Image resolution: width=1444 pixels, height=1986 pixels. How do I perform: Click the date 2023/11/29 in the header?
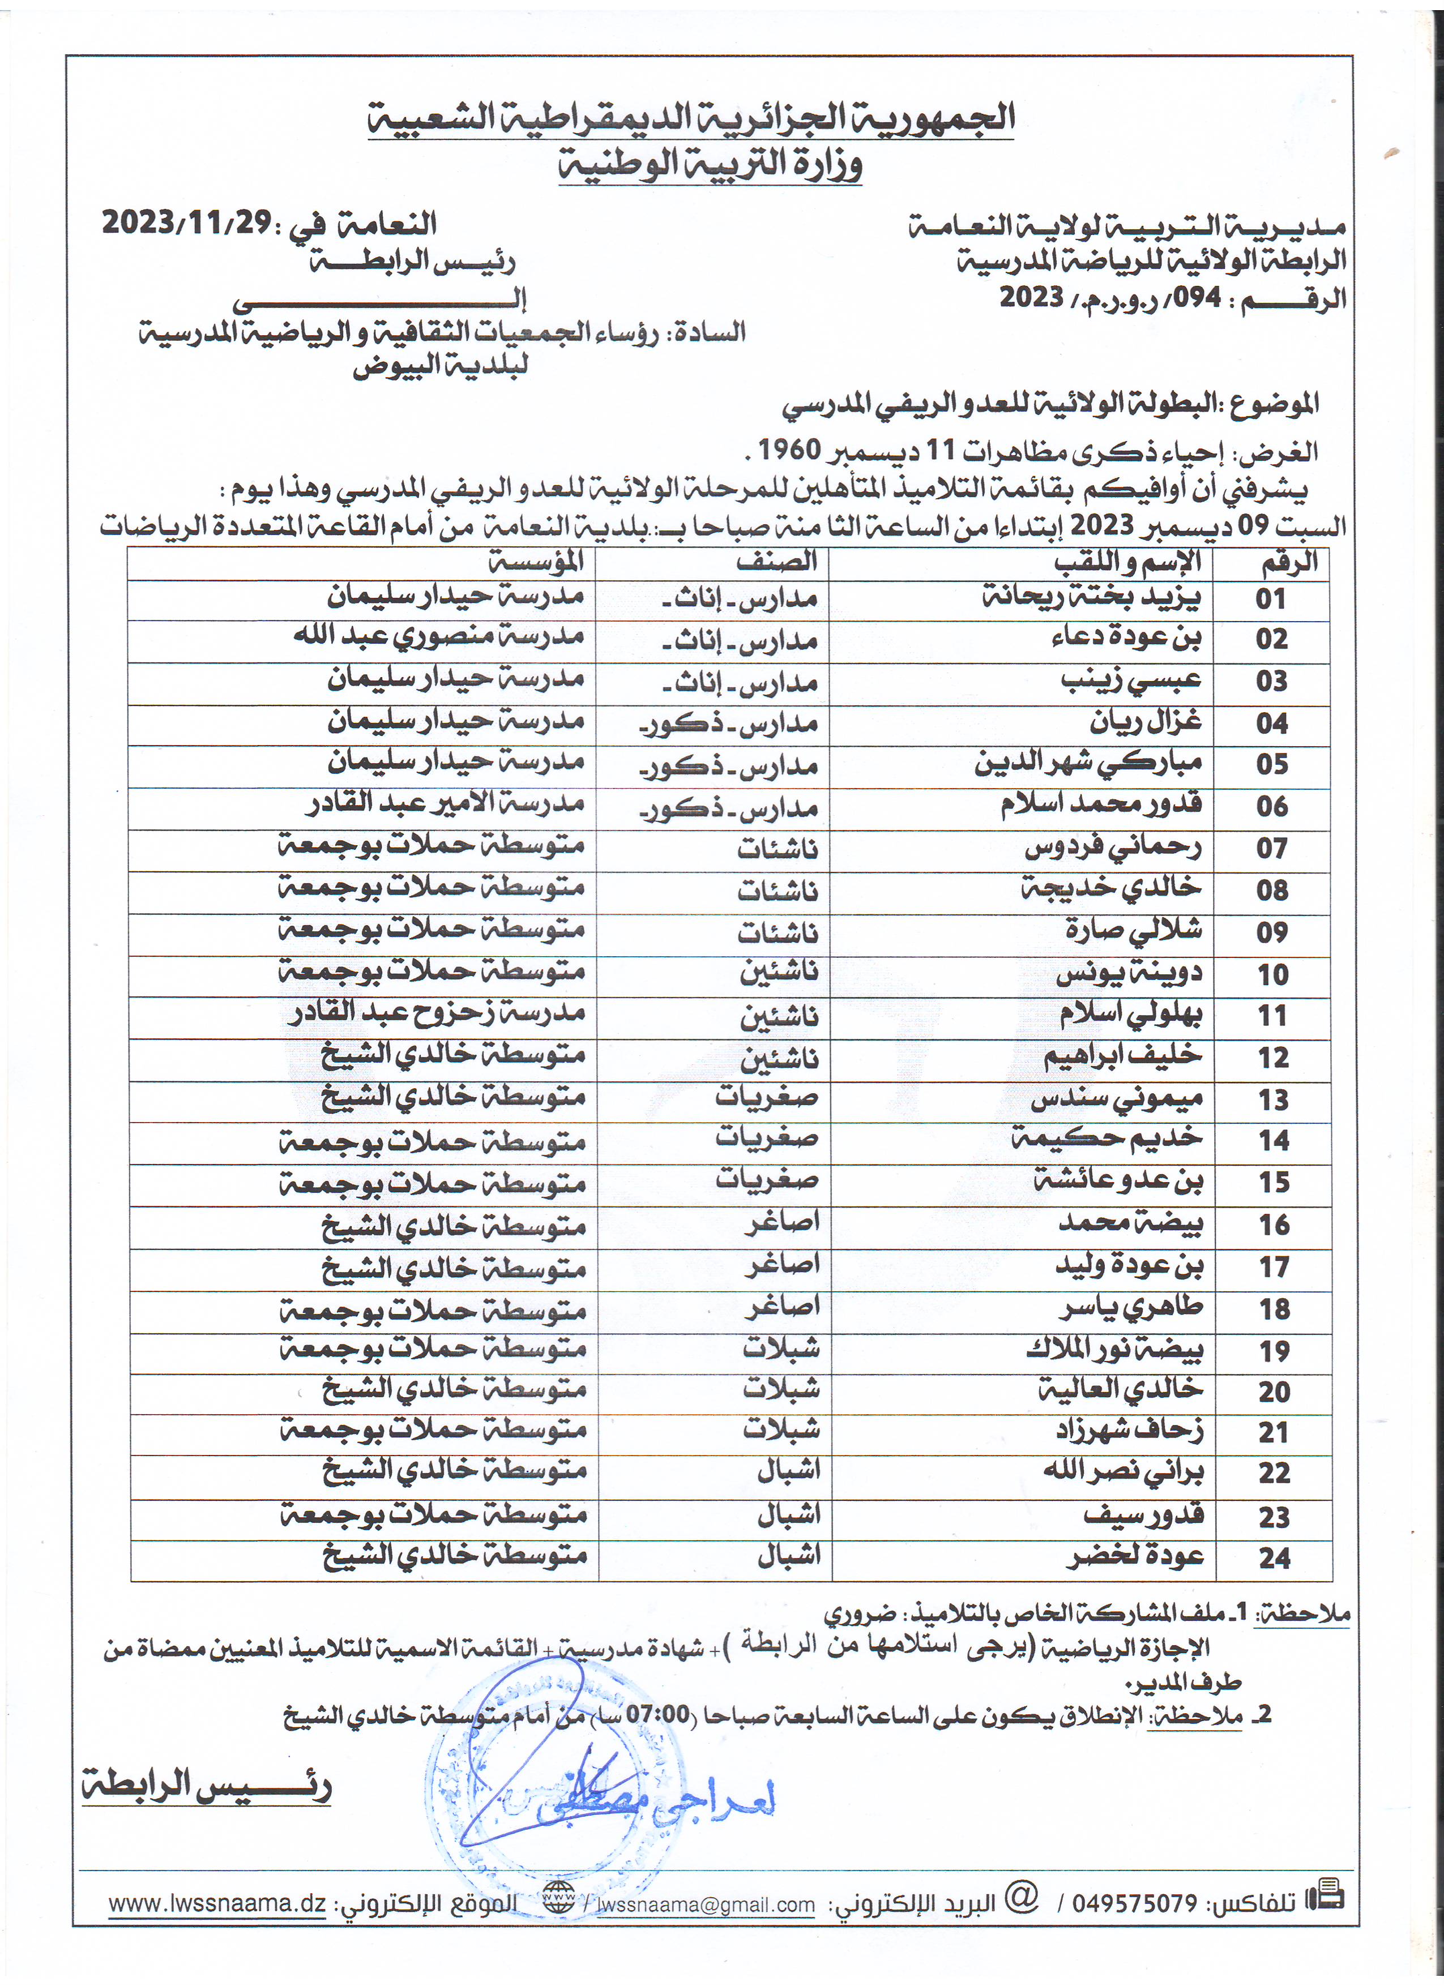click(x=186, y=222)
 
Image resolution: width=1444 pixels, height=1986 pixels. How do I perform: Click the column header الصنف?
click(x=777, y=561)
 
